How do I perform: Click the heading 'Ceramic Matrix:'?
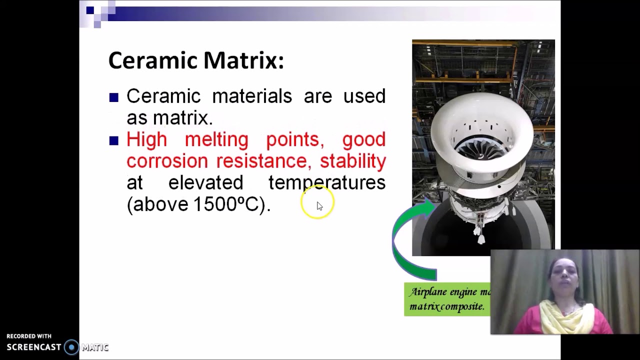(196, 60)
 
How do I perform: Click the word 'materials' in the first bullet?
(251, 96)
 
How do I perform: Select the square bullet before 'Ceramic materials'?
(114, 97)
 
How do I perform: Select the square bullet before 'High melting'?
(114, 141)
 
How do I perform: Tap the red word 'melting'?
(216, 139)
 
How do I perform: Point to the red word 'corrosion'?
(167, 161)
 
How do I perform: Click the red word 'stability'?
(352, 161)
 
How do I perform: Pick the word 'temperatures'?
(326, 182)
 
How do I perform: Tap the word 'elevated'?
(205, 182)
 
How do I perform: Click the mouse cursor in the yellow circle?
(319, 205)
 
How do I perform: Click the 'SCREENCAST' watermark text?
(34, 347)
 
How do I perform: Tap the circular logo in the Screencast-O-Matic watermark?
(71, 347)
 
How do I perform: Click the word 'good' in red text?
(363, 139)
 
